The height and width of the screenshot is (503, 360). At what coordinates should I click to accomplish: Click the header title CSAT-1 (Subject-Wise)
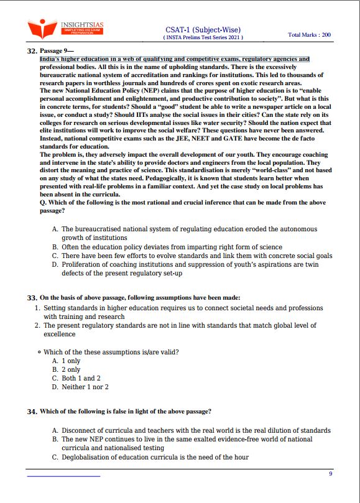pyautogui.click(x=203, y=29)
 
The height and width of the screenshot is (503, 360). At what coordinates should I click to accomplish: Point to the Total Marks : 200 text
pyautogui.click(x=309, y=35)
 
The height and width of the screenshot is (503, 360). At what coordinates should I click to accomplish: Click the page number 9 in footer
pyautogui.click(x=331, y=474)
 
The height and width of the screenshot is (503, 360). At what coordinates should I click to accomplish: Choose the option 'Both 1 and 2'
pyautogui.click(x=81, y=378)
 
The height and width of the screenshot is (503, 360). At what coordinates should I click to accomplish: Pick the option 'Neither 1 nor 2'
pyautogui.click(x=85, y=387)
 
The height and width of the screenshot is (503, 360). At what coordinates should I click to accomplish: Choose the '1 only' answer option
pyautogui.click(x=71, y=361)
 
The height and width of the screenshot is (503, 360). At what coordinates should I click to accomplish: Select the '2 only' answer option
pyautogui.click(x=71, y=369)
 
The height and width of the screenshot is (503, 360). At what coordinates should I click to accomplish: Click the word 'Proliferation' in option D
pyautogui.click(x=85, y=264)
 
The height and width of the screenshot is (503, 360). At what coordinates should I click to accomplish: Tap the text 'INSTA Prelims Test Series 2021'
pyautogui.click(x=203, y=37)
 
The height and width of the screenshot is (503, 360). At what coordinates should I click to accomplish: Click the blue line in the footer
pyautogui.click(x=63, y=476)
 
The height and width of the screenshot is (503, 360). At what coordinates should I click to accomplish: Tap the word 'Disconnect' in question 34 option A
pyautogui.click(x=81, y=430)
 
